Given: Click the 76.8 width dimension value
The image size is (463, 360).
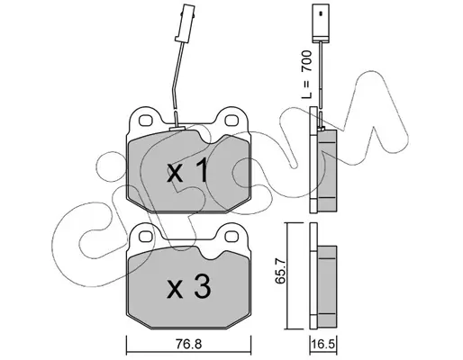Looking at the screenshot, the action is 188,345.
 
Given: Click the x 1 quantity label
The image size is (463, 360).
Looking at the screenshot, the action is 187,171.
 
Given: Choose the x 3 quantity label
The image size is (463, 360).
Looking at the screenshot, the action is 189,287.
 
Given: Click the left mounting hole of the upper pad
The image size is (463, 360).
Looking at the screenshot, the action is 146,121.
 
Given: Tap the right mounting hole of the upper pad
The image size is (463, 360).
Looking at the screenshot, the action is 231,121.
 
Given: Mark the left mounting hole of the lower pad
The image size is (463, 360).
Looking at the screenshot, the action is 146,237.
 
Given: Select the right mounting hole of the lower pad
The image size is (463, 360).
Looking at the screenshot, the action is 231,237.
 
